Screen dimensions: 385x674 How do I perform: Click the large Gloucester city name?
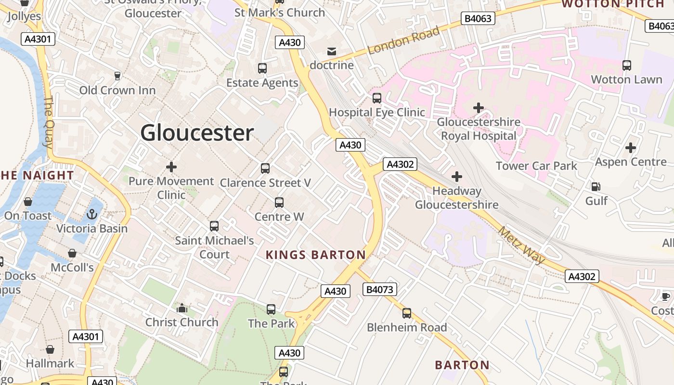[197, 133]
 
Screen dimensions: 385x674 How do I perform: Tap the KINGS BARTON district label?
[316, 255]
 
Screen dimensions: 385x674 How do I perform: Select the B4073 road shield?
[380, 289]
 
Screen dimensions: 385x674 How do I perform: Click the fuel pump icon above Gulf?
[596, 186]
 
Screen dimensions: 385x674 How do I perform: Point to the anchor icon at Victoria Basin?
[92, 214]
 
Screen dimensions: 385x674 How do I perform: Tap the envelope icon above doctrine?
[332, 51]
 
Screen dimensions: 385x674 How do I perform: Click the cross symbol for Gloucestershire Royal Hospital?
[478, 108]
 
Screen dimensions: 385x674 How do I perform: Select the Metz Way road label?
[522, 245]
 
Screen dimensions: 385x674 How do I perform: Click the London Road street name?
[403, 41]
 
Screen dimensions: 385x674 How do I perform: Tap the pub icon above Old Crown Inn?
[117, 76]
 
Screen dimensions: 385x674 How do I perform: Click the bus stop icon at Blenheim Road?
[407, 313]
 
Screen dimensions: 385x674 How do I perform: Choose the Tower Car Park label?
[536, 166]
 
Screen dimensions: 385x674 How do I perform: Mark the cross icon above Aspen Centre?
[631, 148]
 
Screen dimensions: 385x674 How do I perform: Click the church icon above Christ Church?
[182, 308]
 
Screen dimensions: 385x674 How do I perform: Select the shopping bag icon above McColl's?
[72, 253]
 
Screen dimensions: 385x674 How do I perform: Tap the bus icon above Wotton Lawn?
[626, 65]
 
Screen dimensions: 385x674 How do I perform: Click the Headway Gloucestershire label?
[456, 198]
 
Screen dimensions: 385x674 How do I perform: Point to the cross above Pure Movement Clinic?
[171, 167]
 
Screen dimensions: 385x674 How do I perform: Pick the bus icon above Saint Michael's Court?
[214, 226]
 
